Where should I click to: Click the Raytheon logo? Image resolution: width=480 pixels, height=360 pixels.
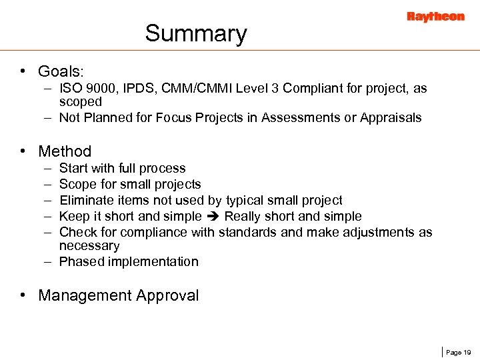435,17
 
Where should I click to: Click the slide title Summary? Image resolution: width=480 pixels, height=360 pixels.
196,33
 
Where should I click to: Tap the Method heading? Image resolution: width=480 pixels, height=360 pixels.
65,151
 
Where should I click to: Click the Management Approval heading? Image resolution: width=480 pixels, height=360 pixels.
119,295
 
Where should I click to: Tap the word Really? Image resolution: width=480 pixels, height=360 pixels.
243,216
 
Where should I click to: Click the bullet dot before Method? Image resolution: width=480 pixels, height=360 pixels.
23,151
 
